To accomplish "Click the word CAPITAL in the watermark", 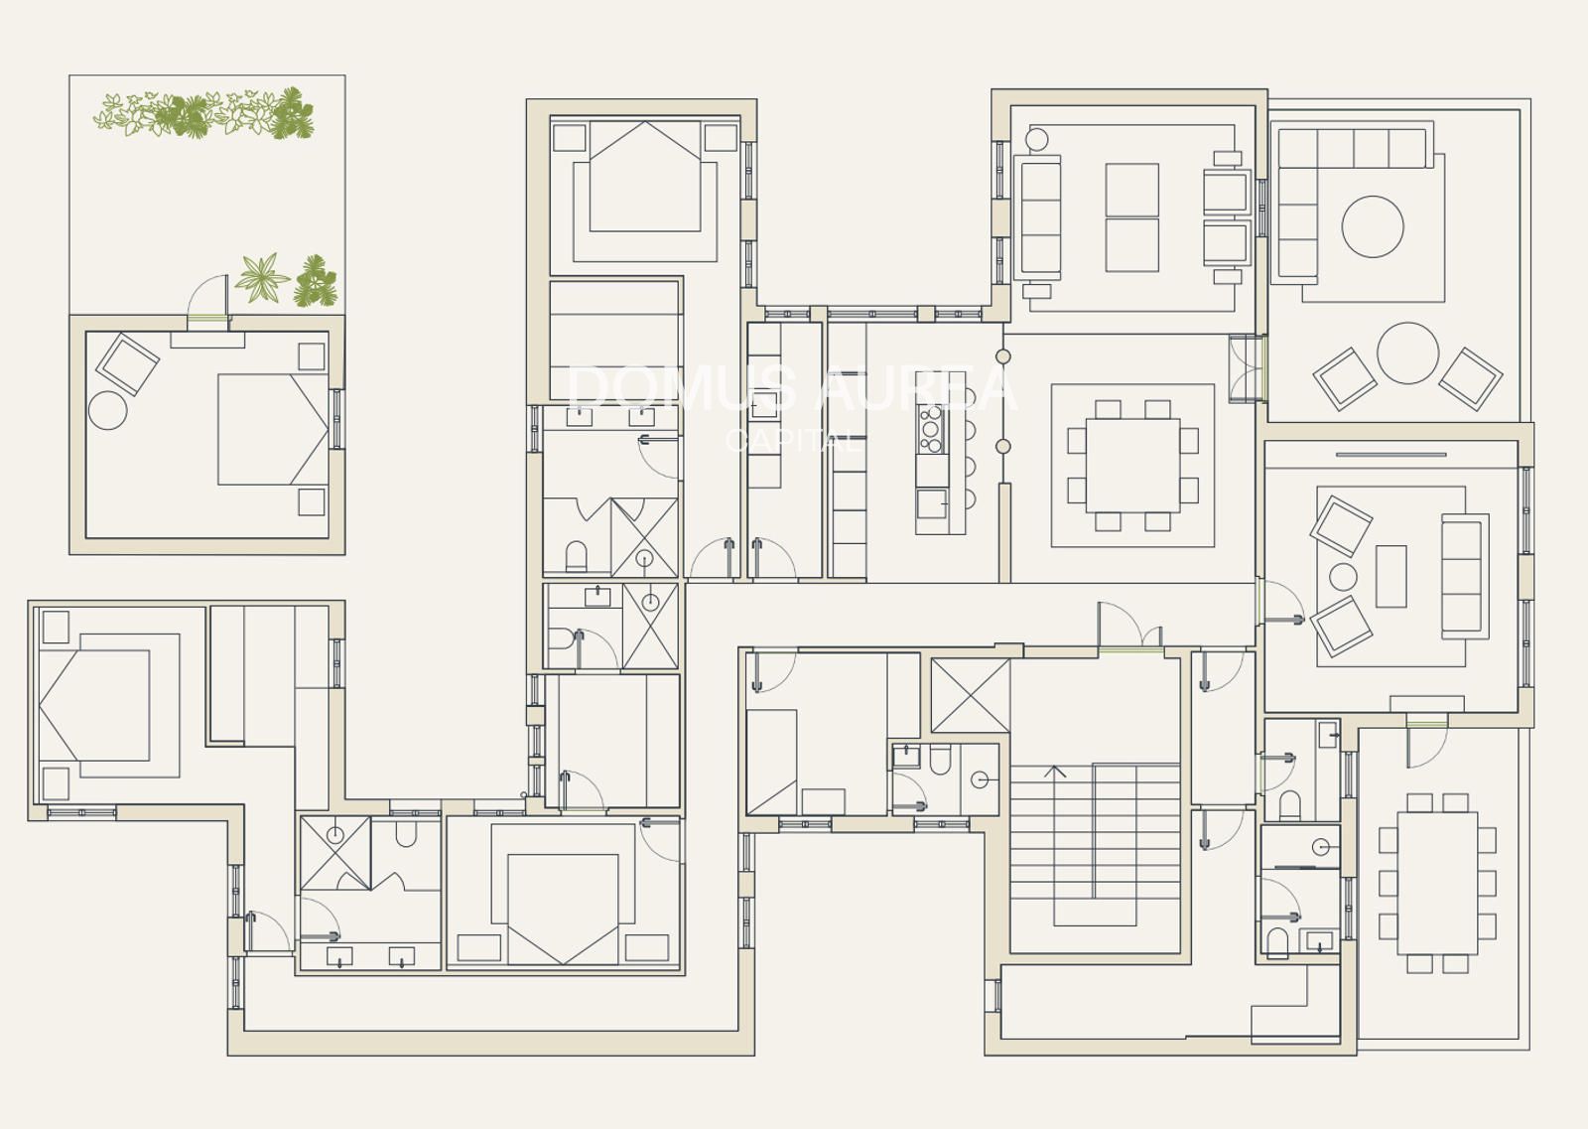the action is pos(793,441).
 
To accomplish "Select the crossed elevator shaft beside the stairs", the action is pos(970,696).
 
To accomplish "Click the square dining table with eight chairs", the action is pos(1132,466).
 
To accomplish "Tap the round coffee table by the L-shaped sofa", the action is pos(1373,226).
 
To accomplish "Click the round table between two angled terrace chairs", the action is pos(1408,353).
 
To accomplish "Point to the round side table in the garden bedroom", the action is pos(108,410).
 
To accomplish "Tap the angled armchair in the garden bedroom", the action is pos(128,363).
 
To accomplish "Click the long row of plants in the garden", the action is pos(203,113).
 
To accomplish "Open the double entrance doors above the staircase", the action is pos(1130,627).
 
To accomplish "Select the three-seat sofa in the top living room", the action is pos(1038,217).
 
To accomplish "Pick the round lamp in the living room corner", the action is pos(1036,140).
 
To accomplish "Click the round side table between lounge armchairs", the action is pos(1344,577).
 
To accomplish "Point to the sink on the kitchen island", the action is pos(931,503).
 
